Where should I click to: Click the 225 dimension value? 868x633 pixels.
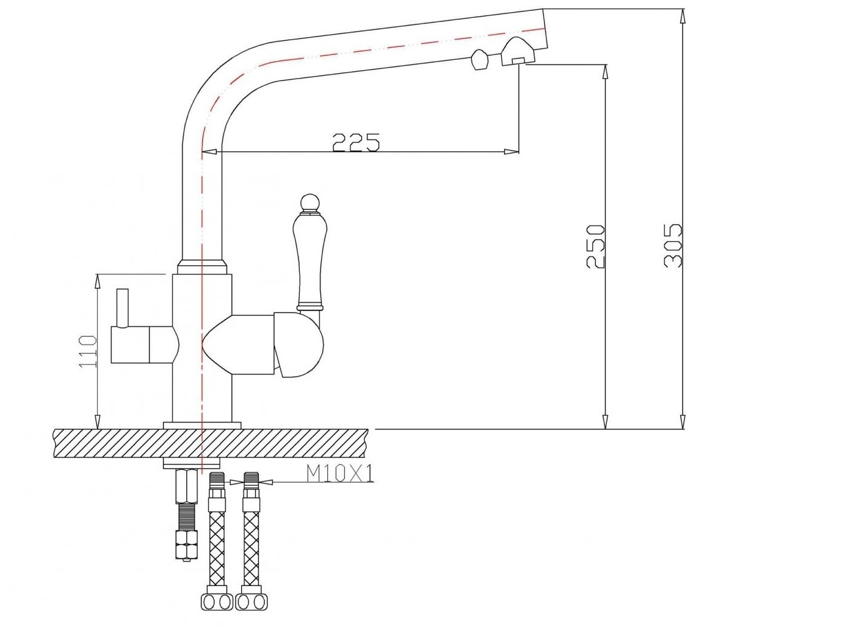(356, 141)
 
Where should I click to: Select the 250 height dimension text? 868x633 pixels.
(595, 246)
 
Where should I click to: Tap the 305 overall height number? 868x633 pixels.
(673, 245)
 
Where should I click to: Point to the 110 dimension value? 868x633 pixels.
(88, 351)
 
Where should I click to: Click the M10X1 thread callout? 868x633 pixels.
(339, 474)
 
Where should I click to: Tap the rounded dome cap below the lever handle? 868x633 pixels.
(299, 345)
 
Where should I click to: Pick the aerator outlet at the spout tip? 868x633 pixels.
(517, 54)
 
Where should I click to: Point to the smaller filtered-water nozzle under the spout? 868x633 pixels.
(479, 60)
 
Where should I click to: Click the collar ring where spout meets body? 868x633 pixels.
(202, 267)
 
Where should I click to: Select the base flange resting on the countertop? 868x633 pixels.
(202, 425)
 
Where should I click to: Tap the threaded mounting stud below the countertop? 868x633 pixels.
(186, 512)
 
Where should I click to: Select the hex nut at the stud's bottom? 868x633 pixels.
(186, 544)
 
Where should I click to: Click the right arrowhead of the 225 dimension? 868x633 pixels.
(513, 152)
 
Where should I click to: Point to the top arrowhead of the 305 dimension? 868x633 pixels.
(682, 15)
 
